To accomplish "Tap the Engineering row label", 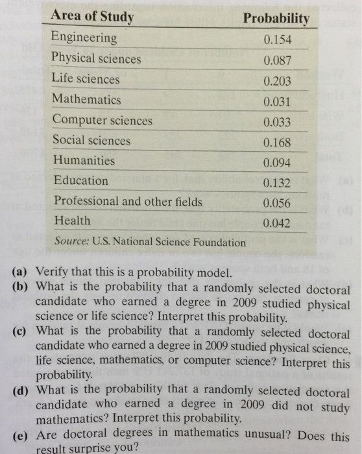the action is [x=84, y=37].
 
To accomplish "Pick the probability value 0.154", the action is [x=278, y=40].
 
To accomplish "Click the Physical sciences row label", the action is [x=96, y=58].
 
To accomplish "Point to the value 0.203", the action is [x=278, y=82].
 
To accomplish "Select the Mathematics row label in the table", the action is [x=86, y=99].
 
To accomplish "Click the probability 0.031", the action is [x=278, y=102].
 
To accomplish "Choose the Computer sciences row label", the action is [x=103, y=120].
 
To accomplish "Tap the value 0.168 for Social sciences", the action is [x=278, y=143].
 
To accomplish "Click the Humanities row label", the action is [x=84, y=160].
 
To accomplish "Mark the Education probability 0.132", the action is [x=278, y=184].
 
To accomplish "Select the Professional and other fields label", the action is [x=128, y=201].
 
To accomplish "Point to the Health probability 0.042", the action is [x=278, y=224].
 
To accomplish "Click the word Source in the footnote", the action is [x=71, y=242].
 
